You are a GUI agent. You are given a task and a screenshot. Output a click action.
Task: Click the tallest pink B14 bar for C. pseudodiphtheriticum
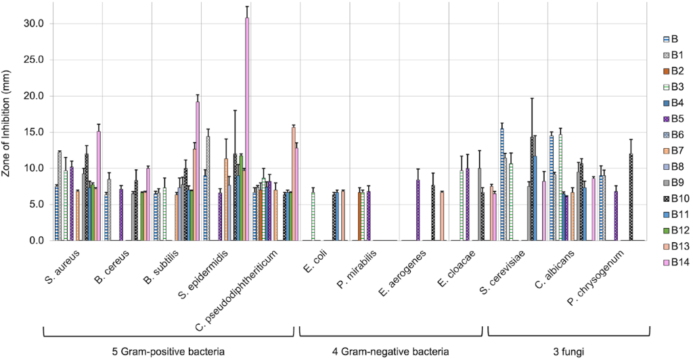(x=247, y=129)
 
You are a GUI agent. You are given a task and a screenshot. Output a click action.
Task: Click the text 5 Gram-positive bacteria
(x=168, y=351)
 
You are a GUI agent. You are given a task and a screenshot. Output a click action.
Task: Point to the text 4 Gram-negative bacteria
(x=390, y=351)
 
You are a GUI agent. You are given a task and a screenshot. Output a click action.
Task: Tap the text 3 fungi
(x=568, y=351)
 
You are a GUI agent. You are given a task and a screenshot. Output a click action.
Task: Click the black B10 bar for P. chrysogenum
(x=631, y=197)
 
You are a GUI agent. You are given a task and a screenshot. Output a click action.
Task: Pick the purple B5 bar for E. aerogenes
(x=418, y=210)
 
